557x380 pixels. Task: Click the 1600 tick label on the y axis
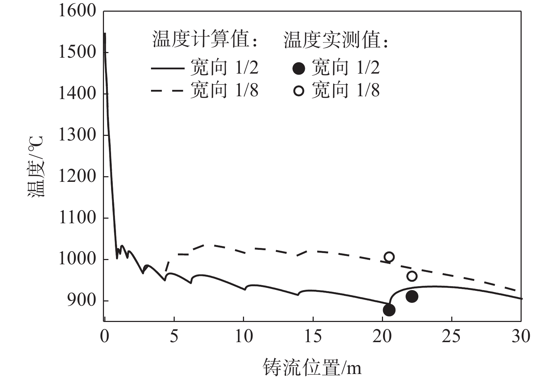tap(77, 11)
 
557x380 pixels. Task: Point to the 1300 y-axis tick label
tap(77, 135)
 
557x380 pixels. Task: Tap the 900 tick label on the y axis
tap(82, 300)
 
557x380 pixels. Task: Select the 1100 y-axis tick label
tap(77, 218)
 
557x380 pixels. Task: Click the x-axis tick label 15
tap(313, 336)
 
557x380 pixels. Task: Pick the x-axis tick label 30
tap(521, 336)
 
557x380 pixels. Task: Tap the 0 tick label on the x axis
tap(105, 336)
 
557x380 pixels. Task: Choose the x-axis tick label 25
tap(451, 336)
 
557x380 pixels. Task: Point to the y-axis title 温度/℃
tap(36, 166)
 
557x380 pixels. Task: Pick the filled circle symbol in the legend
tap(299, 68)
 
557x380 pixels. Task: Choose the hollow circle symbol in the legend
tap(299, 91)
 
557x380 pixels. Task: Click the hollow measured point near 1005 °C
tap(389, 257)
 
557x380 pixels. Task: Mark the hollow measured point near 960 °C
tap(412, 276)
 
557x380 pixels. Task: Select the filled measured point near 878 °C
tap(389, 310)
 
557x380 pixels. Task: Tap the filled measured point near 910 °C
tap(412, 296)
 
